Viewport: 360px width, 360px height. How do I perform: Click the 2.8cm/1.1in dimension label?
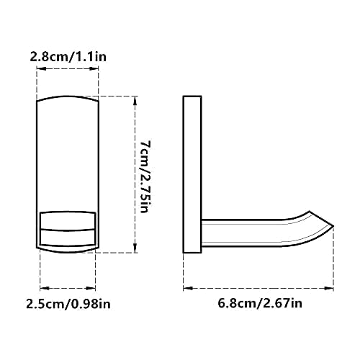pyautogui.click(x=68, y=57)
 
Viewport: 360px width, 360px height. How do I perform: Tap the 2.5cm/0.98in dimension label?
pyautogui.click(x=68, y=304)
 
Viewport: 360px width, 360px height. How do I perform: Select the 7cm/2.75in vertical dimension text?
pyautogui.click(x=145, y=176)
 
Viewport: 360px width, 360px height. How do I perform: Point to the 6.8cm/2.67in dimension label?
pyautogui.click(x=260, y=303)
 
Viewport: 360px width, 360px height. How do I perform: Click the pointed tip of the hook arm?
pyautogui.click(x=333, y=226)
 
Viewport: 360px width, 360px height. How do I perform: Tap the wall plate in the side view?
pyautogui.click(x=192, y=174)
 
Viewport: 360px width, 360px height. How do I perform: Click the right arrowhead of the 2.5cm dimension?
pyautogui.click(x=91, y=288)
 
